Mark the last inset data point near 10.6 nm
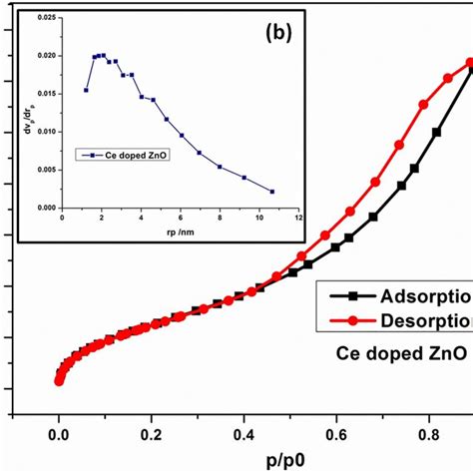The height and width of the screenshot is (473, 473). pos(272,192)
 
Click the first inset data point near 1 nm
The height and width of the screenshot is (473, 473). pos(86,90)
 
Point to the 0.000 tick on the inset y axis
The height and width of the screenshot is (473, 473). pos(45,208)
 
